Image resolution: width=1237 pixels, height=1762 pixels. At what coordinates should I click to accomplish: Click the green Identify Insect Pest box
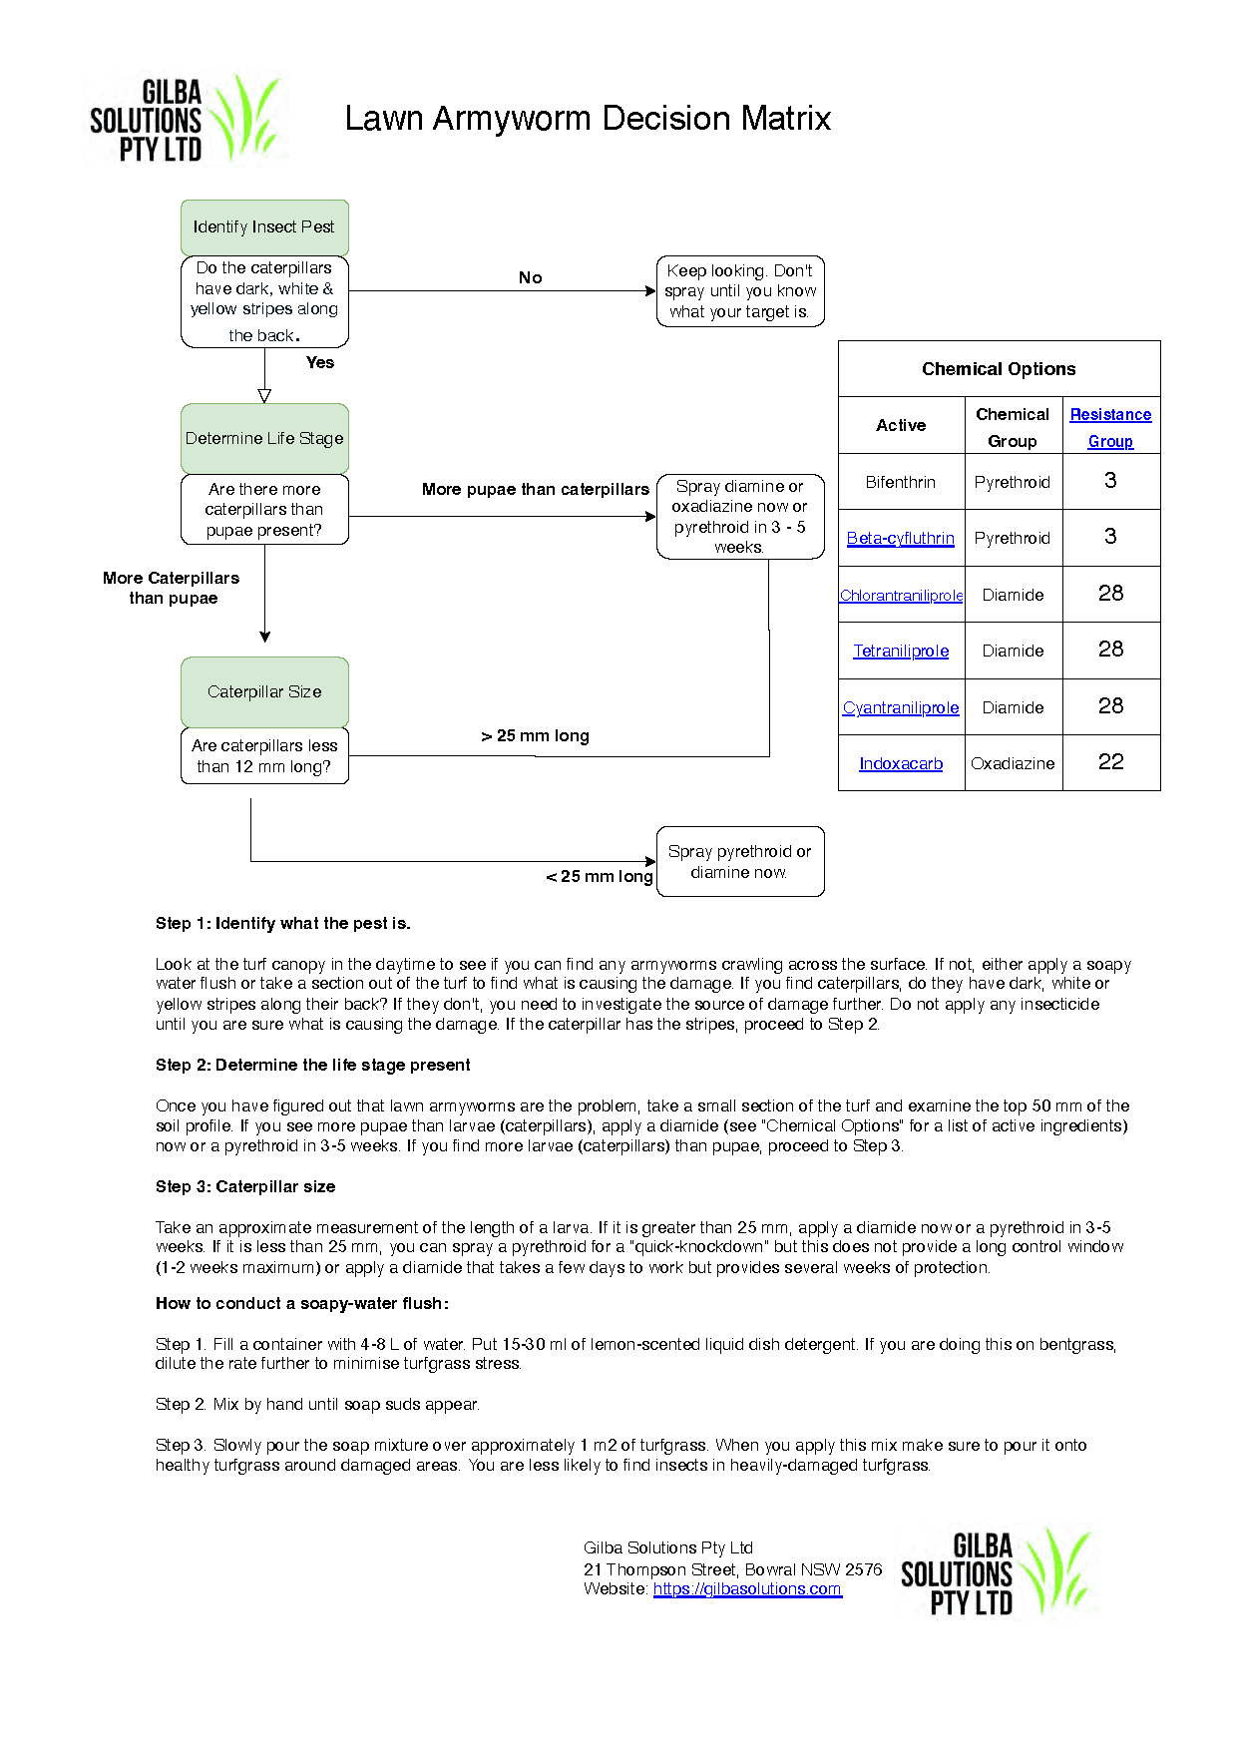[264, 227]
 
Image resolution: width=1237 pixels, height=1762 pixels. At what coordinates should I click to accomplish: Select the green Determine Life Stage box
[264, 439]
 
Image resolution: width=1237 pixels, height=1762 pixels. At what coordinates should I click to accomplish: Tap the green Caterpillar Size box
[264, 692]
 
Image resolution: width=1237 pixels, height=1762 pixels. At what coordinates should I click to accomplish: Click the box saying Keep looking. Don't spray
[740, 291]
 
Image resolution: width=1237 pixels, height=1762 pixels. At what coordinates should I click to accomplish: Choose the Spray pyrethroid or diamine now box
[740, 862]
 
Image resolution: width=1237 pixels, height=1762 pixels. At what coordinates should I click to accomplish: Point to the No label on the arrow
[531, 278]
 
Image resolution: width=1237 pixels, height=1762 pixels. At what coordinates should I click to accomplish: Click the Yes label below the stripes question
[320, 363]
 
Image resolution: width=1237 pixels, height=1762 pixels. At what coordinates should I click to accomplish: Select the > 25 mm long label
[536, 736]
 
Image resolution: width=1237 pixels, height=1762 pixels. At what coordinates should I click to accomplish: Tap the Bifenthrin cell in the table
[901, 483]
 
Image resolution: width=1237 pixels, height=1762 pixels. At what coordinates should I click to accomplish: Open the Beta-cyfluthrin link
[901, 539]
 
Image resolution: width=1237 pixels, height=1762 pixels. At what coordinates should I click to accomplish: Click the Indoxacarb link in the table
[901, 764]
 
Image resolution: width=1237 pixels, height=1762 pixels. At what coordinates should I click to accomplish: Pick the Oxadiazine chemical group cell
[1013, 764]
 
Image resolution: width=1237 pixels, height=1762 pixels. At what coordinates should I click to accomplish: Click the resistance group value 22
[1110, 763]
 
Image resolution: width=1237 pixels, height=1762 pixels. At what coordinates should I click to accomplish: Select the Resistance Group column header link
[1110, 428]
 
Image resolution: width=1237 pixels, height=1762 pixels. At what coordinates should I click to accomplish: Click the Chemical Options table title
[999, 369]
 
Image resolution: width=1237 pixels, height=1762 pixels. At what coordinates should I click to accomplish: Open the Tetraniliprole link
[901, 652]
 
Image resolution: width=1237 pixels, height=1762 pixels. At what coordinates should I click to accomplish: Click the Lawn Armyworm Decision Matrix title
[588, 119]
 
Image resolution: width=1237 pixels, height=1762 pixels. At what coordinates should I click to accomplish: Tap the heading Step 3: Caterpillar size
[245, 1187]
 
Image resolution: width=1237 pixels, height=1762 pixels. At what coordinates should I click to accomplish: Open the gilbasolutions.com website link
[747, 1589]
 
